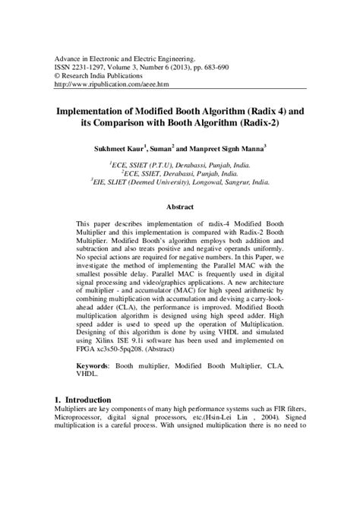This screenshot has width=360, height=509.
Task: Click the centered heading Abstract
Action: click(x=180, y=207)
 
